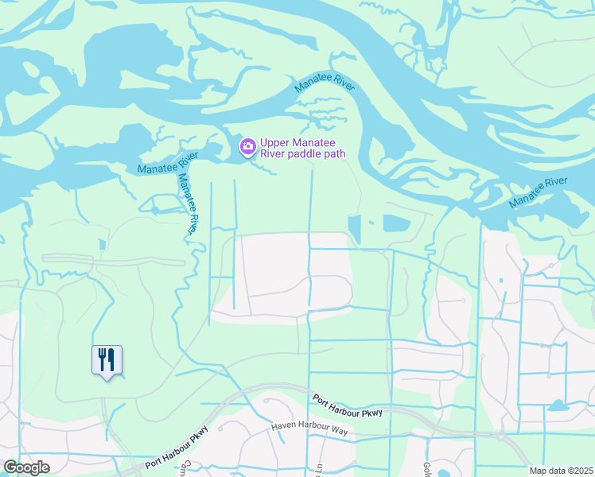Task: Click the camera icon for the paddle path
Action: [247, 145]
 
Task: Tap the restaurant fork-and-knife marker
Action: [107, 360]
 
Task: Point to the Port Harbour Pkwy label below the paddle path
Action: [347, 405]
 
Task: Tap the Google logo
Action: [26, 467]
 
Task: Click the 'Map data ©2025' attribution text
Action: [560, 471]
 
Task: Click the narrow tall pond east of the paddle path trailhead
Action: [354, 229]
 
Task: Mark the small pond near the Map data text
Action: [558, 405]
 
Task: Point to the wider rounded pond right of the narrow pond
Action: [396, 223]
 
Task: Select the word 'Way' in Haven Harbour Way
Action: [340, 431]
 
